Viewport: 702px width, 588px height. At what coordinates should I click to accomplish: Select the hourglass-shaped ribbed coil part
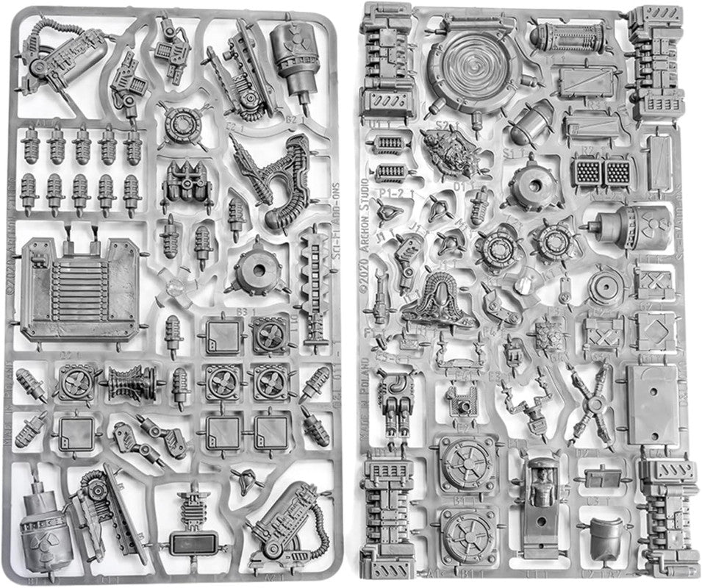tap(133, 382)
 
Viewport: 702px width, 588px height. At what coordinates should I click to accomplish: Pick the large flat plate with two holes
tap(651, 404)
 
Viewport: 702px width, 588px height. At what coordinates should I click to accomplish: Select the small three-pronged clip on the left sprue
tap(245, 481)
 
